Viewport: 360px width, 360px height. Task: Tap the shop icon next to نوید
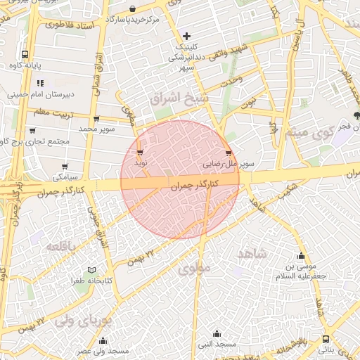140,152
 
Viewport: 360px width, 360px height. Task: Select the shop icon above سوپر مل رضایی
228,153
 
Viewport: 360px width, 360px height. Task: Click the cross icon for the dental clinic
186,35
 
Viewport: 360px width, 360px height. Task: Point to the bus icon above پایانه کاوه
25,54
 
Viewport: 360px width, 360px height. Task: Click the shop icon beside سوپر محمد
96,119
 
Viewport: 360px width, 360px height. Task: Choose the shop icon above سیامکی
65,166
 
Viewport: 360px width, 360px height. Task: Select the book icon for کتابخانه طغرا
91,270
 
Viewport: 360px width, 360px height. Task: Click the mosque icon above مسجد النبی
217,333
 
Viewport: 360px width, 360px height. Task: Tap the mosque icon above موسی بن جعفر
302,256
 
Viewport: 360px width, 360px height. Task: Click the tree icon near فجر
356,115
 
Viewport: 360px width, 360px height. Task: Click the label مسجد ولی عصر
103,350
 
